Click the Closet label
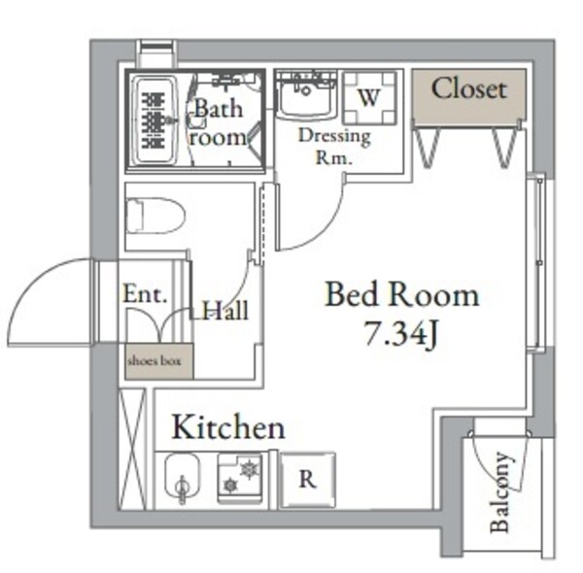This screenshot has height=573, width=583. point(469,89)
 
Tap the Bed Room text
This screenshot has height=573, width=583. point(401,294)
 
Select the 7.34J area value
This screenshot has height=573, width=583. point(401,336)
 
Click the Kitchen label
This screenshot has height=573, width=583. point(228,427)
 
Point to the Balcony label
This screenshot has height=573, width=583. point(500,492)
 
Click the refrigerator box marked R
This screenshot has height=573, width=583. point(306,479)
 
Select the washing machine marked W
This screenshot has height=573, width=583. point(368,98)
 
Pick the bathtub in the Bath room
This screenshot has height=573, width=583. point(154,120)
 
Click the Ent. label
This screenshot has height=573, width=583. point(146,294)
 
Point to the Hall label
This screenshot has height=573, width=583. point(225,311)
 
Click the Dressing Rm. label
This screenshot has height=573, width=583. point(334,147)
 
